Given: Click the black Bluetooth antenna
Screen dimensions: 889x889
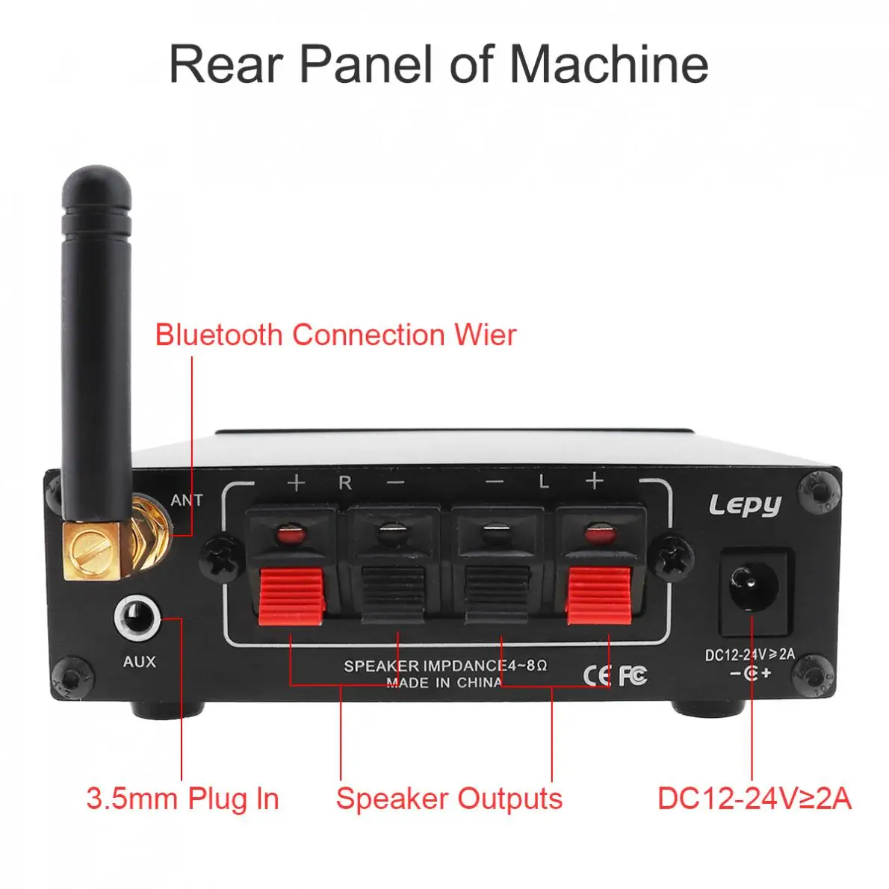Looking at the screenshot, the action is (x=97, y=340).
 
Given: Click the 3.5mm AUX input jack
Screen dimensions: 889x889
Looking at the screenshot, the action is (x=137, y=617).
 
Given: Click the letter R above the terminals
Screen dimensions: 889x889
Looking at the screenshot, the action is (x=345, y=483).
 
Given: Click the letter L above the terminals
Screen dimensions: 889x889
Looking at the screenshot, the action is (x=544, y=482).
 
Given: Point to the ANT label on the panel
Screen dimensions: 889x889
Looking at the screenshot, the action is (x=187, y=500).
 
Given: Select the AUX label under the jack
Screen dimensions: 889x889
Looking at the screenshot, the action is (x=140, y=661).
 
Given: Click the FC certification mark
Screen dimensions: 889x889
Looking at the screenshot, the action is (x=633, y=675).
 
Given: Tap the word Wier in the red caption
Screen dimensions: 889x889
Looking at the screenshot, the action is (x=486, y=335).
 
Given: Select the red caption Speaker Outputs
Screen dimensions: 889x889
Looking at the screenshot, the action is (x=449, y=799).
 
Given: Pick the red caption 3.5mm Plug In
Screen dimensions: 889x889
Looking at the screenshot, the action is (x=182, y=799).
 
